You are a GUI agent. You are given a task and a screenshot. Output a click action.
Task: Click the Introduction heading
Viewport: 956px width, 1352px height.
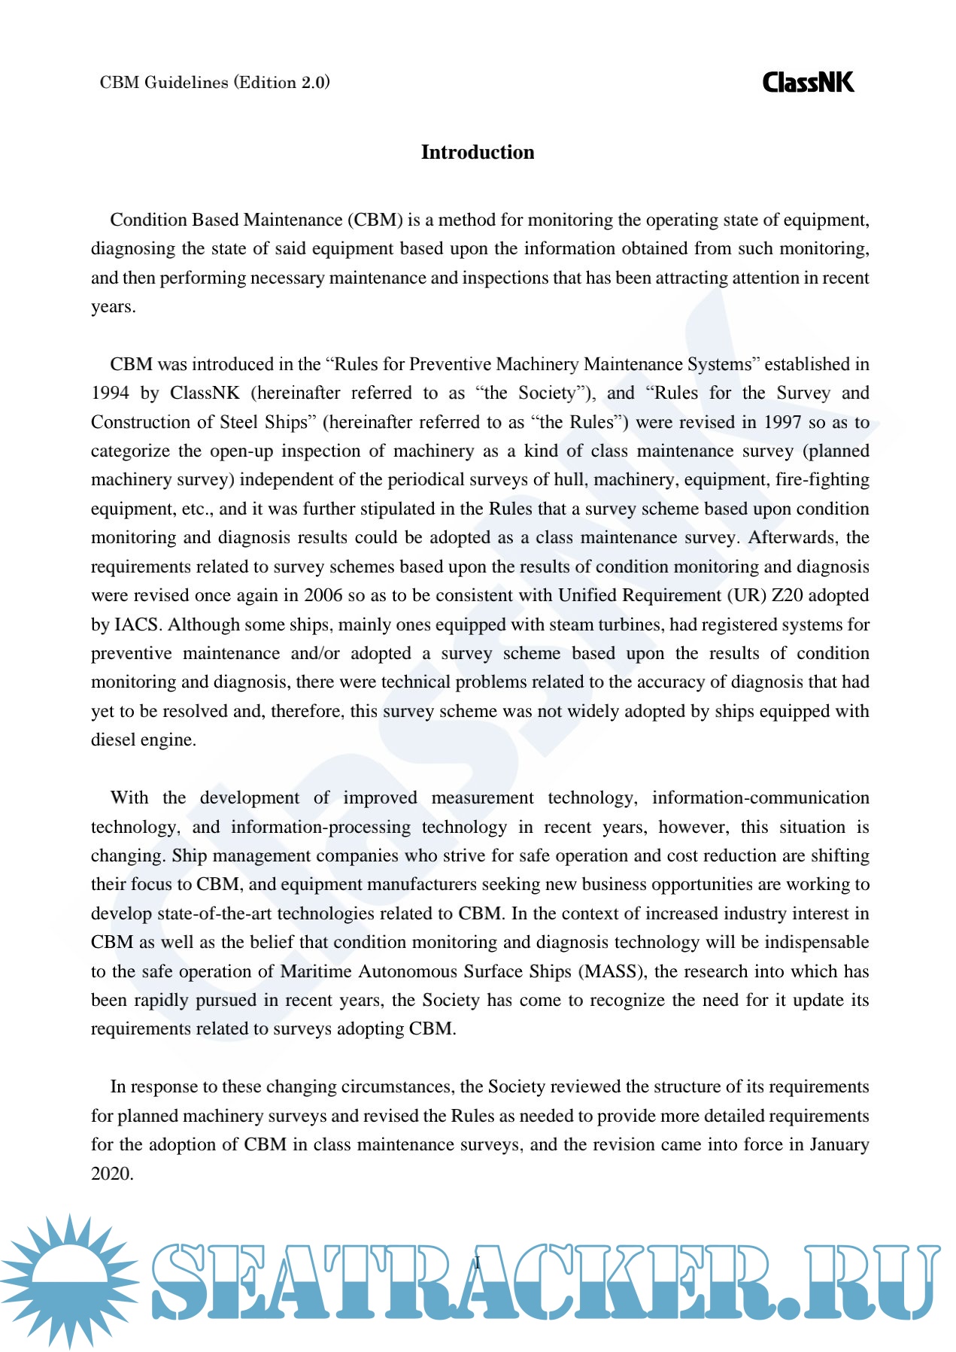pos(478,152)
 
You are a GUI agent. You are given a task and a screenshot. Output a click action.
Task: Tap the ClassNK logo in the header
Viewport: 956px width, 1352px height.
pos(808,82)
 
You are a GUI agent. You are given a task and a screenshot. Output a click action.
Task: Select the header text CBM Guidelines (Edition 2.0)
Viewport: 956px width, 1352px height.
pos(214,83)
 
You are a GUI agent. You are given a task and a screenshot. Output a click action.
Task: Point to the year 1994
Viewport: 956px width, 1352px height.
pos(110,393)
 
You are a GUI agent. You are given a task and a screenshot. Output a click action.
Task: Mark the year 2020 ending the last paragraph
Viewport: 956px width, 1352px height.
pos(111,1174)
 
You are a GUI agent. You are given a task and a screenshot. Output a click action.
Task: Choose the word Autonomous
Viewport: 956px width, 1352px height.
pos(406,971)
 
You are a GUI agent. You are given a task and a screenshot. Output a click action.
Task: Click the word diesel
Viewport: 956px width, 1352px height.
pos(113,740)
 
